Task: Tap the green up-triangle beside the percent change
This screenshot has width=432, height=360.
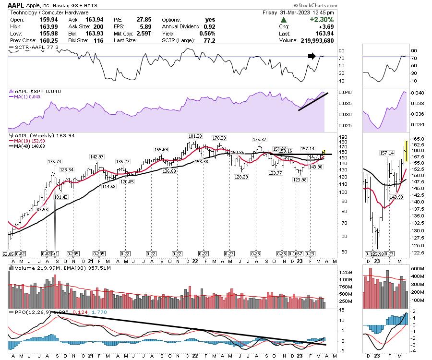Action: (x=284, y=20)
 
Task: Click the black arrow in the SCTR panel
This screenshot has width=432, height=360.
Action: (x=312, y=56)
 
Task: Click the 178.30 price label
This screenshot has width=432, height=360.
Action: (x=221, y=138)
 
